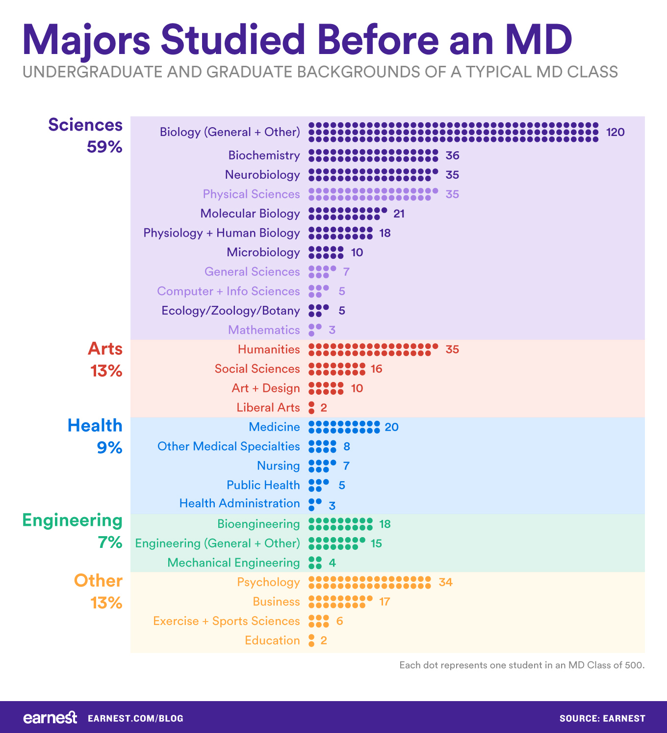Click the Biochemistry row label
(264, 156)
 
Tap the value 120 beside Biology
(615, 132)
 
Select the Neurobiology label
(262, 175)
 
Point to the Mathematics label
(264, 330)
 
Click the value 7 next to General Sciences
(346, 272)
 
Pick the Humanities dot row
(373, 350)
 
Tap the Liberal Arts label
(268, 407)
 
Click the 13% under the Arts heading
(106, 371)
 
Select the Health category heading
(95, 425)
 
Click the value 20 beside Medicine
(391, 427)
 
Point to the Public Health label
(263, 485)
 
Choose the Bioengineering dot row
(340, 524)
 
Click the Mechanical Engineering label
(233, 563)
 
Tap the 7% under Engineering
(110, 543)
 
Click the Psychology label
(268, 582)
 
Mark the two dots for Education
(311, 641)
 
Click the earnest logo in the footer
(50, 718)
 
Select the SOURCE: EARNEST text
(602, 718)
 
